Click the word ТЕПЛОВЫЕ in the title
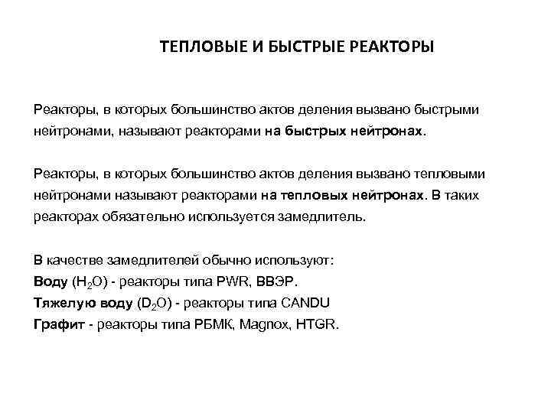tap(200, 48)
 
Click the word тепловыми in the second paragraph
tap(446, 174)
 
